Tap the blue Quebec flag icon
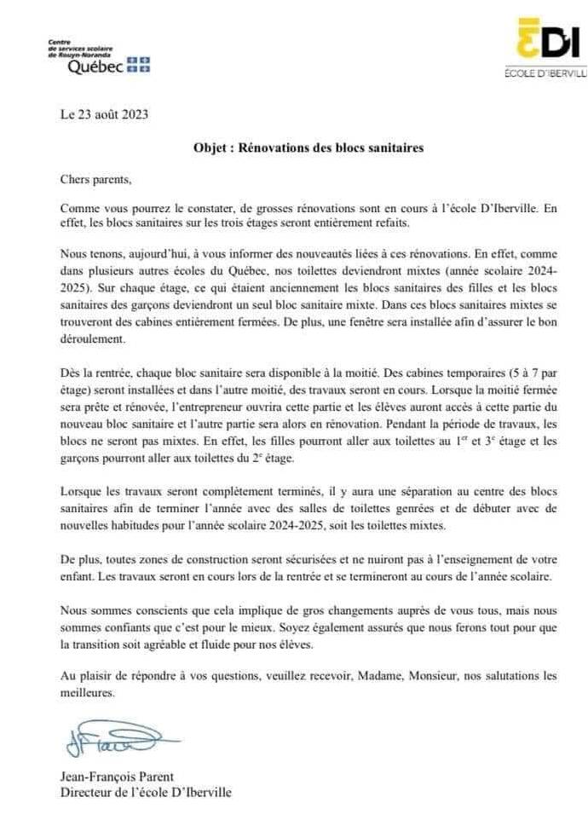pos(138,64)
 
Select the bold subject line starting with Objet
pos(308,147)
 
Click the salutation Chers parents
pos(96,181)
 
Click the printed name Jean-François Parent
pos(117,777)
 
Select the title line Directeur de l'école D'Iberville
pos(146,792)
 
